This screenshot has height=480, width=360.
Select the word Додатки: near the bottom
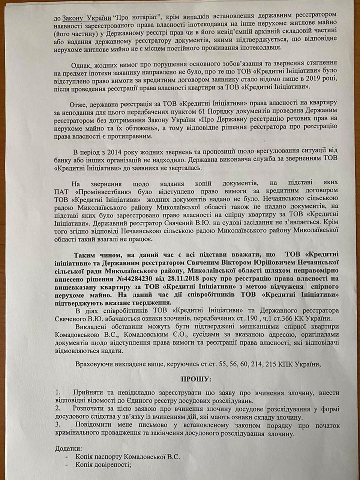coord(67,448)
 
